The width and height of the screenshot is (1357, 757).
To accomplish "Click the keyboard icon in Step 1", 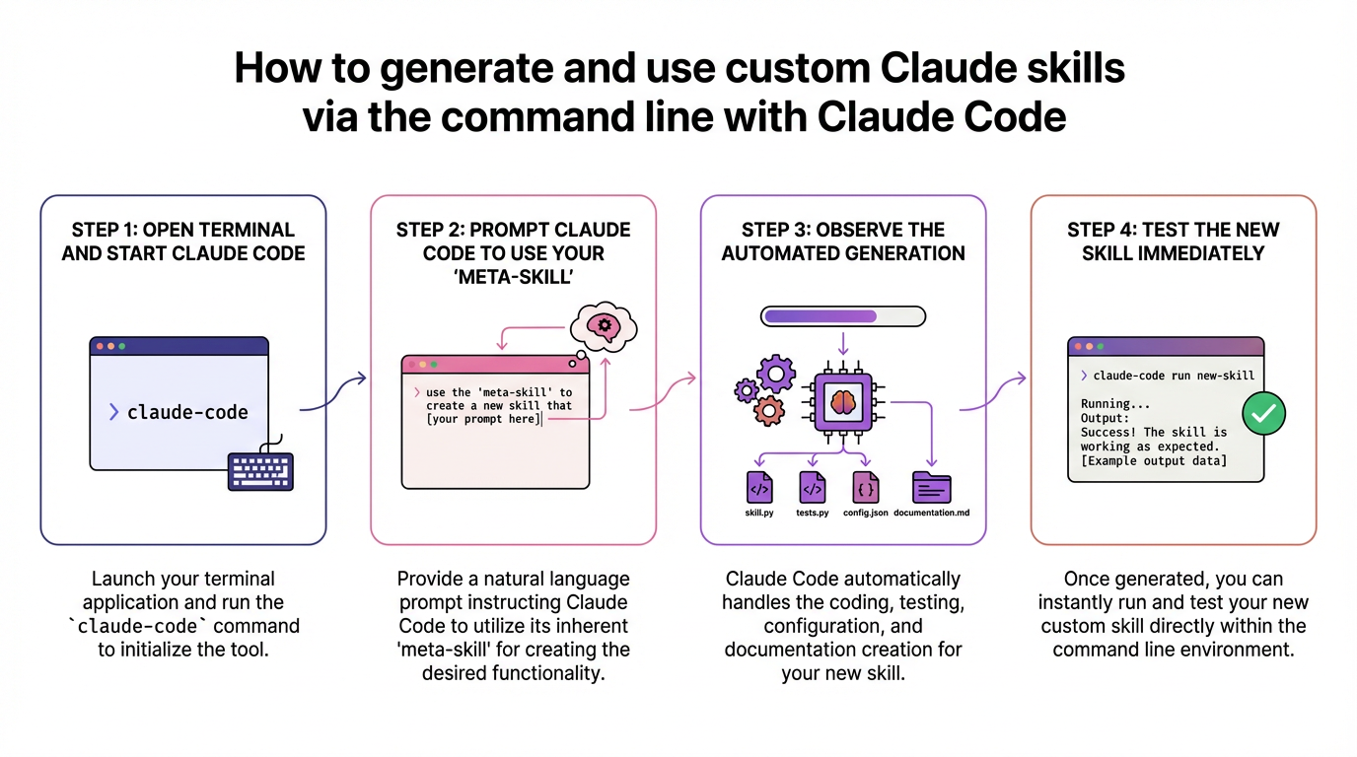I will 260,470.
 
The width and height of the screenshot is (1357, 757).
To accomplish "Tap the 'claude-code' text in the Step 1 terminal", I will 187,412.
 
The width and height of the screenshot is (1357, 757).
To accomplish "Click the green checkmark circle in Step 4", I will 1261,414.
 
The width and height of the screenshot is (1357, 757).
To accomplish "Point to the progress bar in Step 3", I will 842,316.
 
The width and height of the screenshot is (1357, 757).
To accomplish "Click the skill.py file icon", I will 758,488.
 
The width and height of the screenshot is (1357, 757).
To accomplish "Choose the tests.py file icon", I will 812,488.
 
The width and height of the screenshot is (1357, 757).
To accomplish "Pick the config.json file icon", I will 866,488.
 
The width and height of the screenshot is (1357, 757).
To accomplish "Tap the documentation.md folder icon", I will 931,488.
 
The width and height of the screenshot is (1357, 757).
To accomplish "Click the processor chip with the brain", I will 842,401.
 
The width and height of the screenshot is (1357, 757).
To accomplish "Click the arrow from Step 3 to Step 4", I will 992,392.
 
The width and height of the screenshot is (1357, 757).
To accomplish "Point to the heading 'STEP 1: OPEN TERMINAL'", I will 182,230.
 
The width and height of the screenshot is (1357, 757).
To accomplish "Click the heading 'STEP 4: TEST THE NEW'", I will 1173,230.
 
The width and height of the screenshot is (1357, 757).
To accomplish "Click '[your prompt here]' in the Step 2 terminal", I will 483,419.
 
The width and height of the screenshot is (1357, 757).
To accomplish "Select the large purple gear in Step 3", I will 776,374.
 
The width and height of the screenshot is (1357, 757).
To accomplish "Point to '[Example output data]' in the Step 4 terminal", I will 1154,460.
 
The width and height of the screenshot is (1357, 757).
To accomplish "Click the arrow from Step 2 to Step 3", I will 663,392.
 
